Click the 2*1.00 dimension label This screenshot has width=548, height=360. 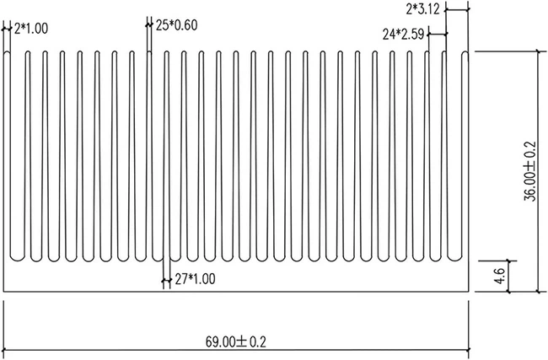pyautogui.click(x=31, y=28)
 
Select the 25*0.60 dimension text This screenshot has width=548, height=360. pyautogui.click(x=176, y=24)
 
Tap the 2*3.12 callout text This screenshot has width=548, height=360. pyautogui.click(x=422, y=9)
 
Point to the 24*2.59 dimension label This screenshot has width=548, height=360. pyautogui.click(x=403, y=35)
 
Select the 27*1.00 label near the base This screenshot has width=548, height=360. pyautogui.click(x=195, y=279)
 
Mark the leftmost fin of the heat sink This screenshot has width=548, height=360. pyautogui.click(x=8, y=156)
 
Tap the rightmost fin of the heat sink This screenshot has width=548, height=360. pyautogui.click(x=465, y=156)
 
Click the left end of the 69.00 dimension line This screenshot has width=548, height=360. pyautogui.click(x=5, y=351)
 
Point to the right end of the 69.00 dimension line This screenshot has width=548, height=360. pyautogui.click(x=469, y=351)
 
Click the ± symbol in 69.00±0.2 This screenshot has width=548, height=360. pyautogui.click(x=240, y=341)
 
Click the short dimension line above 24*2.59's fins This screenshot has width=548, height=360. pyautogui.click(x=437, y=35)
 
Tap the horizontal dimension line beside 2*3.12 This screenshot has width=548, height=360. pyautogui.click(x=456, y=10)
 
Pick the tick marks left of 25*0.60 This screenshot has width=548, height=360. pyautogui.click(x=149, y=24)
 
